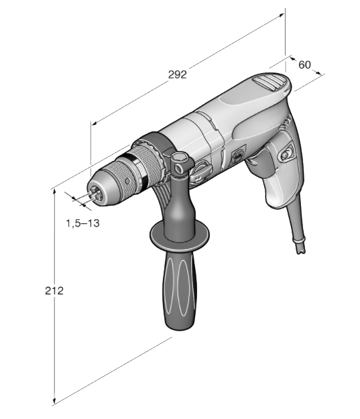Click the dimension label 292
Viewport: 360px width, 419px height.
177,74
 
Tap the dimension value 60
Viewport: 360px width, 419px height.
304,64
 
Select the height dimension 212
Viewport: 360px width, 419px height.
54,290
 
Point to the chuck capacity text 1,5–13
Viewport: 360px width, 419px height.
82,223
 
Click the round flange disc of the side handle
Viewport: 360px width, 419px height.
180,235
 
